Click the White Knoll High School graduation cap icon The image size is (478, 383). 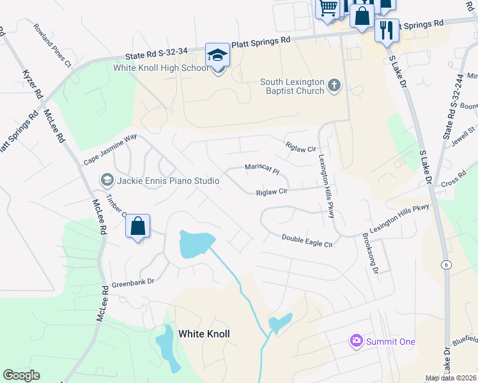[217, 55]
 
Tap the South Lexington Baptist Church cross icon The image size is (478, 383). [334, 86]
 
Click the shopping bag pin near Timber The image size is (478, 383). [137, 226]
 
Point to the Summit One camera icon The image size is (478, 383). [356, 341]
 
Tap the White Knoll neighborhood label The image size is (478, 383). [204, 333]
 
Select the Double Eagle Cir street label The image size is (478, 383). [308, 241]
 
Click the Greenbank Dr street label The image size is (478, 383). [134, 281]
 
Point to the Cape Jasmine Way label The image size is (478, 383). [111, 149]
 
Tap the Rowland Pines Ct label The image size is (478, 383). [52, 45]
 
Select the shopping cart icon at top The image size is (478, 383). [328, 8]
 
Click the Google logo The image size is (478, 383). [21, 375]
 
